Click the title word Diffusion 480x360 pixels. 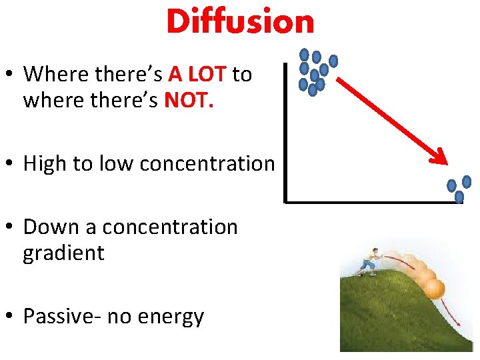[x=240, y=22]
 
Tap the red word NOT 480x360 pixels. [x=189, y=101]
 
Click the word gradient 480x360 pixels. [x=64, y=253]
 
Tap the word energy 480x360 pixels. [x=172, y=317]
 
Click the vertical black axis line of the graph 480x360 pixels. [x=285, y=133]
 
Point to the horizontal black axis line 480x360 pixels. [x=373, y=200]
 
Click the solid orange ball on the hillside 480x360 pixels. [x=434, y=289]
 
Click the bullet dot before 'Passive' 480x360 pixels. [x=11, y=317]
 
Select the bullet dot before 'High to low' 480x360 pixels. [x=11, y=165]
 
